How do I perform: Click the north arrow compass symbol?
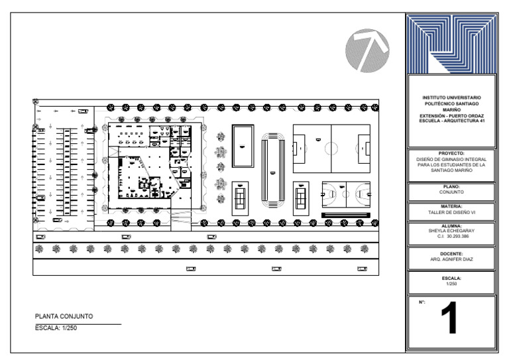pos(367,50)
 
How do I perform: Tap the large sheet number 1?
pos(449,318)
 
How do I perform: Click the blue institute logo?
pos(451,44)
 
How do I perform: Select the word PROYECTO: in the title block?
pos(451,153)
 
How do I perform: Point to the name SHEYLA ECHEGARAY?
pos(451,231)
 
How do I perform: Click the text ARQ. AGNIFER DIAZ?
pos(451,259)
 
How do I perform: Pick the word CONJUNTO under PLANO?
pos(451,192)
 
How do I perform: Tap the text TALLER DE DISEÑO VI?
pos(451,213)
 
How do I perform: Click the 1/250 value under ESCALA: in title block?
pos(451,284)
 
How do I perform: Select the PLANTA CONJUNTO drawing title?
pos(64,316)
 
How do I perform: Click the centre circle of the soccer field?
pos(331,149)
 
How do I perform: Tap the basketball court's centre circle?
pos(346,194)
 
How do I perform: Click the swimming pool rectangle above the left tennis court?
pos(243,146)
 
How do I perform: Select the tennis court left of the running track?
pos(240,199)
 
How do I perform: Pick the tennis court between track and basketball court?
pos(301,199)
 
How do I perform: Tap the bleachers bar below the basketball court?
pos(346,215)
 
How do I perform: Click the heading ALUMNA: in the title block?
pos(451,226)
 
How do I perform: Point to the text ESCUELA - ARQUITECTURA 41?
pos(451,121)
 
